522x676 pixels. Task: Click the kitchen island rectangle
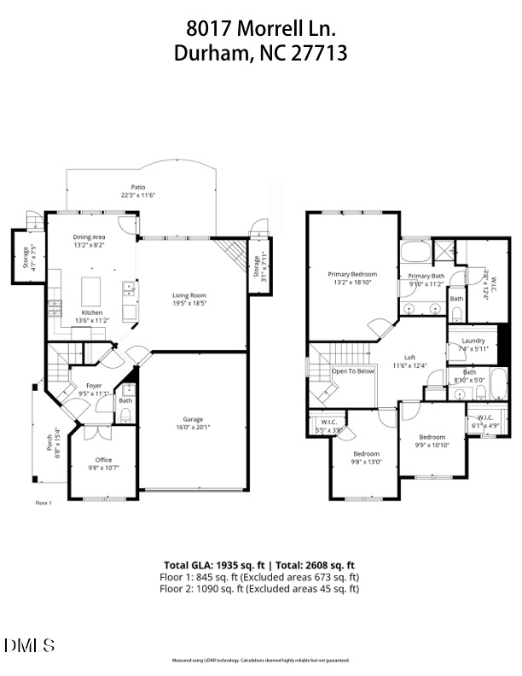[x=92, y=291]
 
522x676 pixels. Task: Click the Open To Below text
[x=353, y=371]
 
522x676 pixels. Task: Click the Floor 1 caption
[x=43, y=503]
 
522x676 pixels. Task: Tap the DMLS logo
[x=29, y=645]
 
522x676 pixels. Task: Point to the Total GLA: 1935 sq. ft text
[x=212, y=565]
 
